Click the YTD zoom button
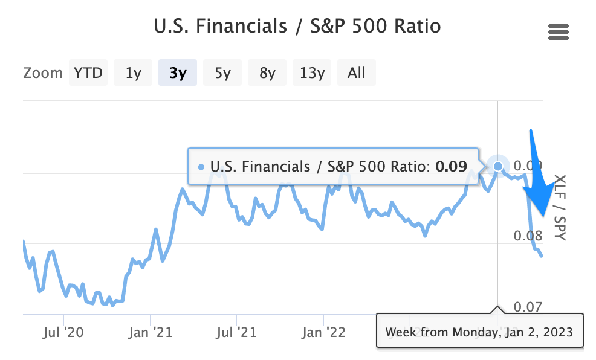tap(88, 72)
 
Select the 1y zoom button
tap(133, 72)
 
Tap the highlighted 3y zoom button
tap(178, 72)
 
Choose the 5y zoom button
tap(222, 72)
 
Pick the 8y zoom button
tap(267, 72)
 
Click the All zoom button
tap(357, 72)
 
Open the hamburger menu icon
tap(559, 32)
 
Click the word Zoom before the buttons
tap(42, 73)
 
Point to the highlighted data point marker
tap(498, 166)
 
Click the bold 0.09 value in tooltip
tap(451, 166)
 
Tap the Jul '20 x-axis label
tap(63, 332)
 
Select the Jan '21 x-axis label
tap(151, 332)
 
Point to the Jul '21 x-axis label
tap(236, 332)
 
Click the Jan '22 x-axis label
tap(323, 332)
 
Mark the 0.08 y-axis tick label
tap(528, 236)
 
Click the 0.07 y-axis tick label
tap(528, 306)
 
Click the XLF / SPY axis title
tap(560, 207)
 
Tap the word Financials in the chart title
tap(241, 26)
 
